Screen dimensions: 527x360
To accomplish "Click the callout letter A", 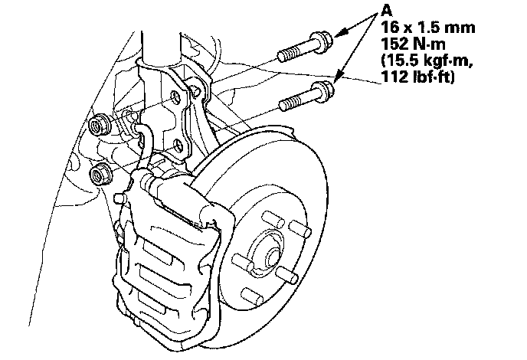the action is [x=387, y=11].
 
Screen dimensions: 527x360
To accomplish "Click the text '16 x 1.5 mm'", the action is [x=428, y=28].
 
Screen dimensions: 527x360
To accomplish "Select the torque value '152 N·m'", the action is [x=413, y=44].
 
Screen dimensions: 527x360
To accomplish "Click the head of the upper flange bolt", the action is [x=321, y=42].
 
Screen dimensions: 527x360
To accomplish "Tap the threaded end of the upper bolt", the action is [x=289, y=54].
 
